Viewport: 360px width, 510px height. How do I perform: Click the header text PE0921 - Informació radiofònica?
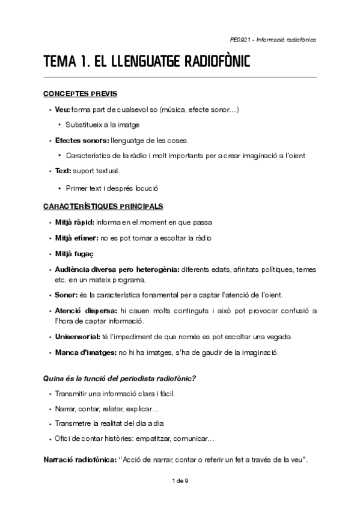click(273, 40)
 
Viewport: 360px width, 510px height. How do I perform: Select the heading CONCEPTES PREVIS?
click(80, 94)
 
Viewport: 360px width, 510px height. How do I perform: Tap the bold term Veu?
click(62, 109)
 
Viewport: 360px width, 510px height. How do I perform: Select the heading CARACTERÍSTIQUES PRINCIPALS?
click(103, 206)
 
